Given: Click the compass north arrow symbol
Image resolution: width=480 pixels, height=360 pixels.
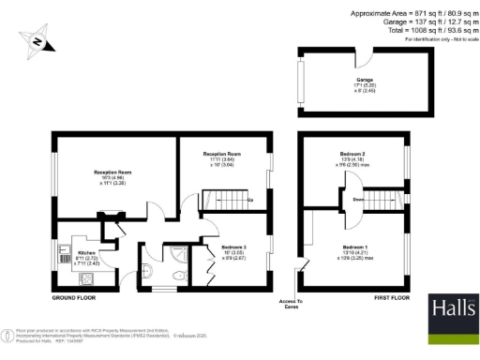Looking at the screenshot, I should [37, 41].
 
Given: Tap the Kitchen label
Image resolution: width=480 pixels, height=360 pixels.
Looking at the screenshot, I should [85, 254].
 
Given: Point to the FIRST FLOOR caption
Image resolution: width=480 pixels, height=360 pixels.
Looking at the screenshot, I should [391, 297].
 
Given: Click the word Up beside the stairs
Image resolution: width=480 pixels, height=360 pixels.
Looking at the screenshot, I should [248, 200].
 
